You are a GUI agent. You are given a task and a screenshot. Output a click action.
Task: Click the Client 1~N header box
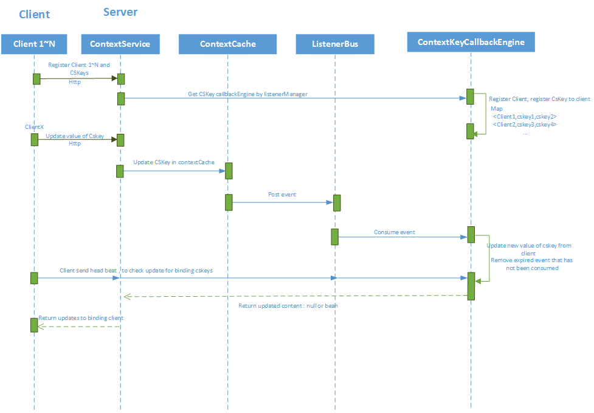coord(34,44)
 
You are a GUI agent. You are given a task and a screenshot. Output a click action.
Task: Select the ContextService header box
coord(120,44)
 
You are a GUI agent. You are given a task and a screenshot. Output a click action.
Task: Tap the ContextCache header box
coord(227,44)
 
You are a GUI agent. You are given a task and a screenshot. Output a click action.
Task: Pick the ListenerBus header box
coord(334,44)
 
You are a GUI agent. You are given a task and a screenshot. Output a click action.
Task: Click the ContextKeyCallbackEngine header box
coord(471,42)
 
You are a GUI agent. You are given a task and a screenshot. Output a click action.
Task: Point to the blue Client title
coord(34,14)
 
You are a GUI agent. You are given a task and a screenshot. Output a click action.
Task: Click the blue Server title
coord(120,12)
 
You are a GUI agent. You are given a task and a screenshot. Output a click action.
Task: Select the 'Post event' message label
coord(282,195)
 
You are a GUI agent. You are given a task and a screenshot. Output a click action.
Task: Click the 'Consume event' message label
coord(395,232)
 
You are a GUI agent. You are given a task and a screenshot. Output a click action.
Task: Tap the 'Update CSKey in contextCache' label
coord(174,162)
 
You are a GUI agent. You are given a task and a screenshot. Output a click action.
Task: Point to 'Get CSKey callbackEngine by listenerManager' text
coord(247,94)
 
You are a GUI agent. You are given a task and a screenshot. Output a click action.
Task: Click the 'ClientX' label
coord(34,127)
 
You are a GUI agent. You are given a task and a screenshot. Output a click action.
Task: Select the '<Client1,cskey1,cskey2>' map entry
coord(525,116)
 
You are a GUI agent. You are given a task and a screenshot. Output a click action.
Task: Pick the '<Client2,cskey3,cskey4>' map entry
coord(525,124)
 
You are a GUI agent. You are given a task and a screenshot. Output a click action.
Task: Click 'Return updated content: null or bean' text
coord(288,305)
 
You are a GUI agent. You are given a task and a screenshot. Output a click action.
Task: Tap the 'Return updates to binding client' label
coord(81,318)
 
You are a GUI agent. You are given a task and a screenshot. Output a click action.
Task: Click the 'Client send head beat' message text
coord(136,270)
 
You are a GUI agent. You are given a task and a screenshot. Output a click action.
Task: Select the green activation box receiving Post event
coord(336,203)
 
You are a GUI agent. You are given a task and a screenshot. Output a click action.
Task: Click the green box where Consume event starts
coord(334,237)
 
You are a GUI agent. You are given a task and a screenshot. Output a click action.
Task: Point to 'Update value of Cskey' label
coord(75,136)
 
